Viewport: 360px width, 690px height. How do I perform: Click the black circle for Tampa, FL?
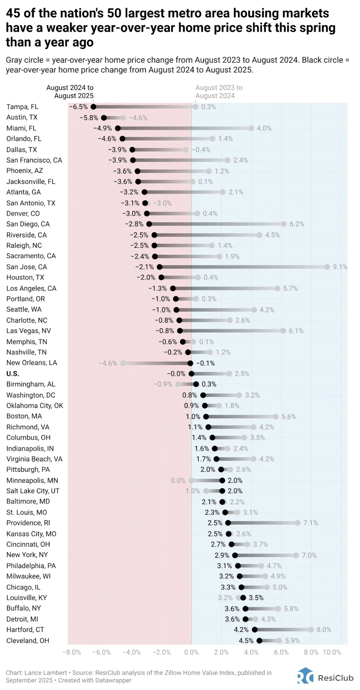click(93, 107)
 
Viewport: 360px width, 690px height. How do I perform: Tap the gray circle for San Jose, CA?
click(327, 267)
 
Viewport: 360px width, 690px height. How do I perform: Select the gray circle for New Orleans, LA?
click(123, 363)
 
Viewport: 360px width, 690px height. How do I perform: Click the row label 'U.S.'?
click(13, 374)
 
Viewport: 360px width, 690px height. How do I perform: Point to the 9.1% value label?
click(340, 267)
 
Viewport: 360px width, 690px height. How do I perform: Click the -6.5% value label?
click(78, 107)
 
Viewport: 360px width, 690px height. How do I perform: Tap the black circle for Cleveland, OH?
click(259, 640)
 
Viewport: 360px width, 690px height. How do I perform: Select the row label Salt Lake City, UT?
click(33, 491)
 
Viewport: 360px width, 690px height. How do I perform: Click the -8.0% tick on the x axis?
click(72, 652)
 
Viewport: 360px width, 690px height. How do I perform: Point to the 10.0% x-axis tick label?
click(332, 652)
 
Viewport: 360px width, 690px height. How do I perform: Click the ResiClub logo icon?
click(305, 675)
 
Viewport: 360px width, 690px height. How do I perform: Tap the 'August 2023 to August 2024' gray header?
click(219, 92)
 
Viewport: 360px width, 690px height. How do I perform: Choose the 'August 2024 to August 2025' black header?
click(70, 92)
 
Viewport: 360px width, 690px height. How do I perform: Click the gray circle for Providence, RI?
click(298, 523)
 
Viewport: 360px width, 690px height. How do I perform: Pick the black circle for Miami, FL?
click(118, 128)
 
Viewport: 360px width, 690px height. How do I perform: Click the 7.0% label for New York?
click(309, 555)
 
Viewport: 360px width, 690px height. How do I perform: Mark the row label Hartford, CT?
click(25, 630)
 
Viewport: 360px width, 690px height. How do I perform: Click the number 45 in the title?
click(13, 13)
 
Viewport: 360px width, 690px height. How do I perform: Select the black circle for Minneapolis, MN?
click(222, 481)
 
